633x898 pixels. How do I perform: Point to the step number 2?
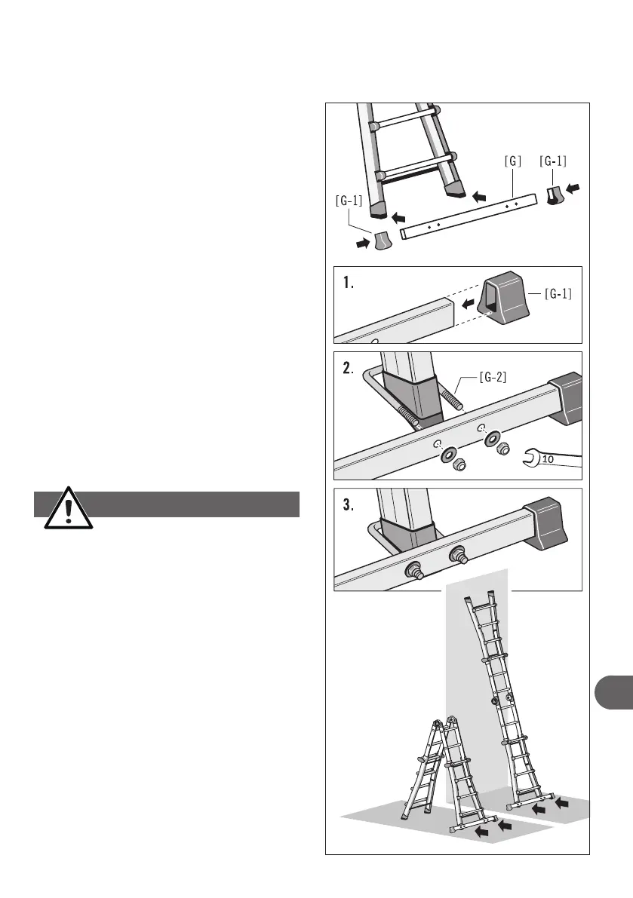click(348, 369)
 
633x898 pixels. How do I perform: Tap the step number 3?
click(347, 506)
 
